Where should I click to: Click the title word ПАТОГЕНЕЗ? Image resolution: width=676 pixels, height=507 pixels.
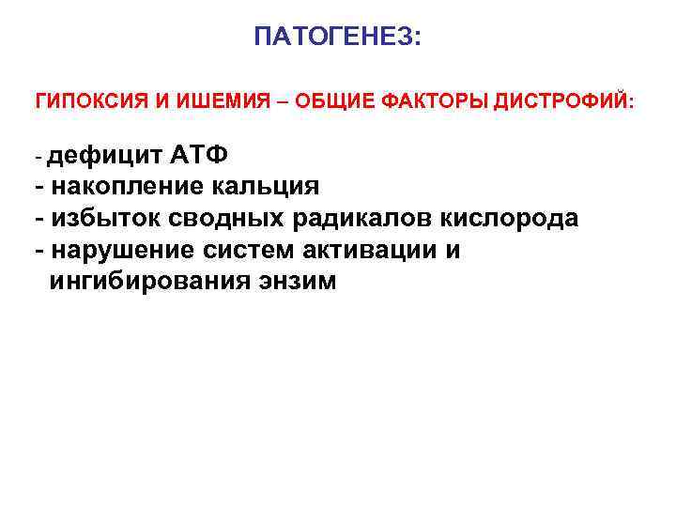(333, 38)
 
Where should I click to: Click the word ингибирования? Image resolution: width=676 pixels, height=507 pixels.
(148, 281)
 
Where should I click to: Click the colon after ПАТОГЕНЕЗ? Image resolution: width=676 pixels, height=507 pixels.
(419, 39)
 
